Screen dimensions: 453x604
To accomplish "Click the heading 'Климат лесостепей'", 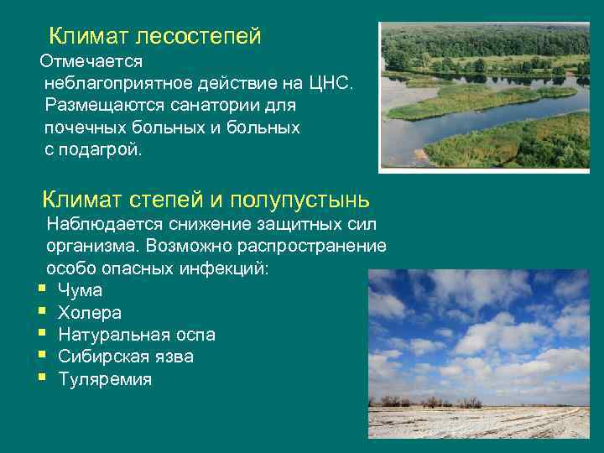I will pos(155,36).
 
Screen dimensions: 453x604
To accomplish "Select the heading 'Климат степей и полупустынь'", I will pos(206,199).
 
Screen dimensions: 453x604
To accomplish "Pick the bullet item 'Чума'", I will pos(80,291).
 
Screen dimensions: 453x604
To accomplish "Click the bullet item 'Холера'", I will pos(90,313).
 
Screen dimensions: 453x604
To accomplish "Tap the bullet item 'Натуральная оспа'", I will pos(136,335).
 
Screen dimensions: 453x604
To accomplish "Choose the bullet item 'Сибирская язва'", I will pos(126,357).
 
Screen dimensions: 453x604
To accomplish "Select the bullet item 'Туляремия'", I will pos(105,379).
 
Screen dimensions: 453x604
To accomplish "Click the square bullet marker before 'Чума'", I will pos(41,290).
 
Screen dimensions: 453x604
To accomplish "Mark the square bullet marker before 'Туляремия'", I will pos(41,378).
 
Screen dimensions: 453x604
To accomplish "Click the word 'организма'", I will pos(93,247).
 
